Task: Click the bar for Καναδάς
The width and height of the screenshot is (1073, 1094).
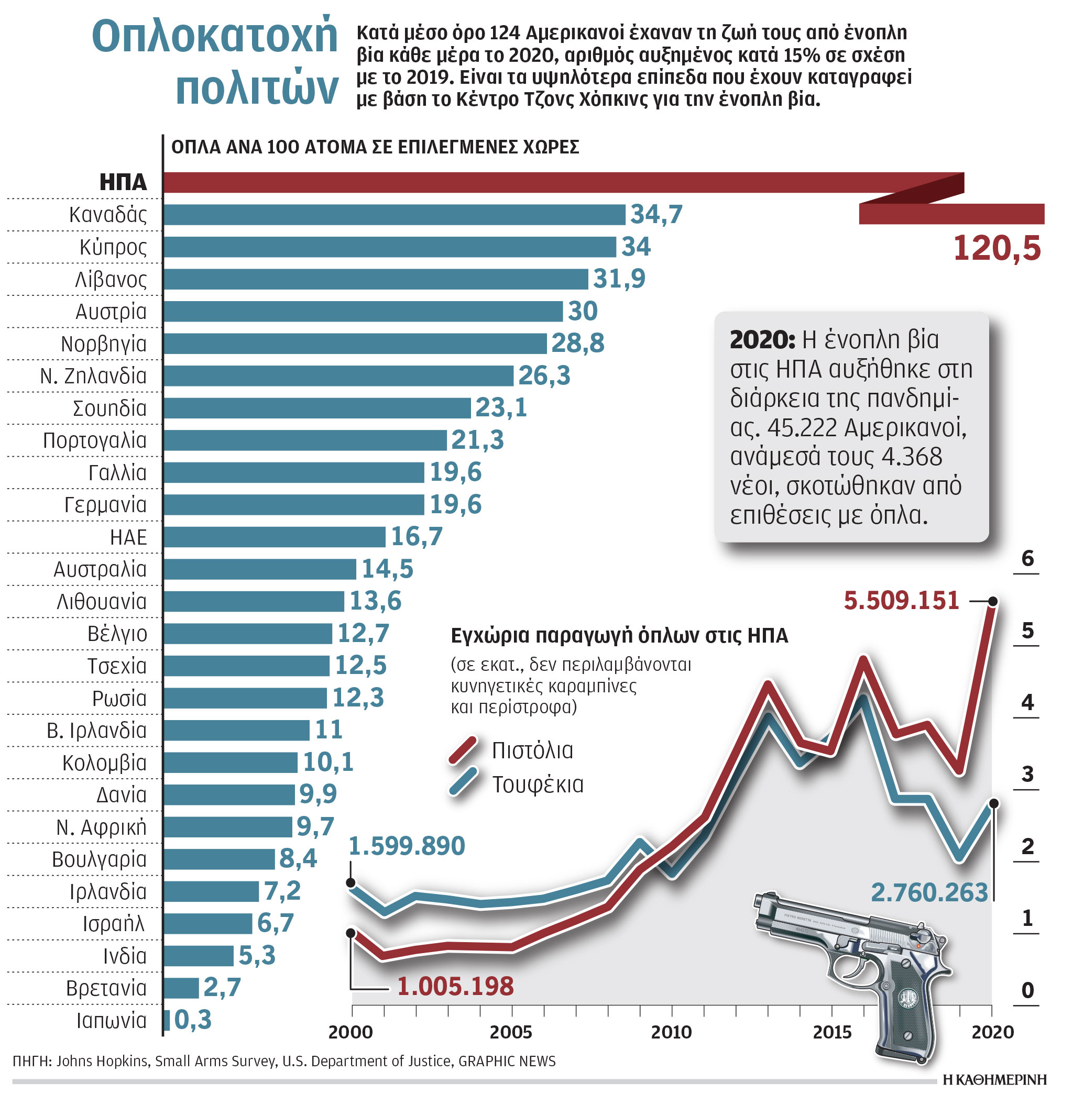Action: pos(395,215)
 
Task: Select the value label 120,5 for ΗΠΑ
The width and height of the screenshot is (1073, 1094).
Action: pos(997,248)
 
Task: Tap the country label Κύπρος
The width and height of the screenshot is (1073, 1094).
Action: pos(113,247)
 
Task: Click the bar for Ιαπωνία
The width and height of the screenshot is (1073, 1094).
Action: pos(167,1020)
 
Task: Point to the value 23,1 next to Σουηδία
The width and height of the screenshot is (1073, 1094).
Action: pos(501,407)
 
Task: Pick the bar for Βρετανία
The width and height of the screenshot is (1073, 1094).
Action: pos(181,988)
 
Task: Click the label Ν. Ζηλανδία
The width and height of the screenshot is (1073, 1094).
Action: pos(93,375)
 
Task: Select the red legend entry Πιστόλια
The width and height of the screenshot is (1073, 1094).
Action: pos(531,750)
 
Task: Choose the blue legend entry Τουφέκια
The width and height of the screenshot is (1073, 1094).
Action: pos(537,784)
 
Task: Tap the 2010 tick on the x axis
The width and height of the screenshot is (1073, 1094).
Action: pos(671,1032)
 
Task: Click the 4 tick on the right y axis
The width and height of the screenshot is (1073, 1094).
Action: pos(1027,702)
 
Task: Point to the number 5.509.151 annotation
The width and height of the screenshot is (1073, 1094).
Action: pos(901,601)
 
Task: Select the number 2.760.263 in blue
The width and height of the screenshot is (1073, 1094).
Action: pos(929,892)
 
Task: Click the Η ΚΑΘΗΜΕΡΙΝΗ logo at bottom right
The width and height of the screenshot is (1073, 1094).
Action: pos(994,1079)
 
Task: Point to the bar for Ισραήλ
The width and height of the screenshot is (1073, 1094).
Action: pos(208,923)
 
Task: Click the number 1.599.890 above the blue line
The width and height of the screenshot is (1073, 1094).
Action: pos(407,846)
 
